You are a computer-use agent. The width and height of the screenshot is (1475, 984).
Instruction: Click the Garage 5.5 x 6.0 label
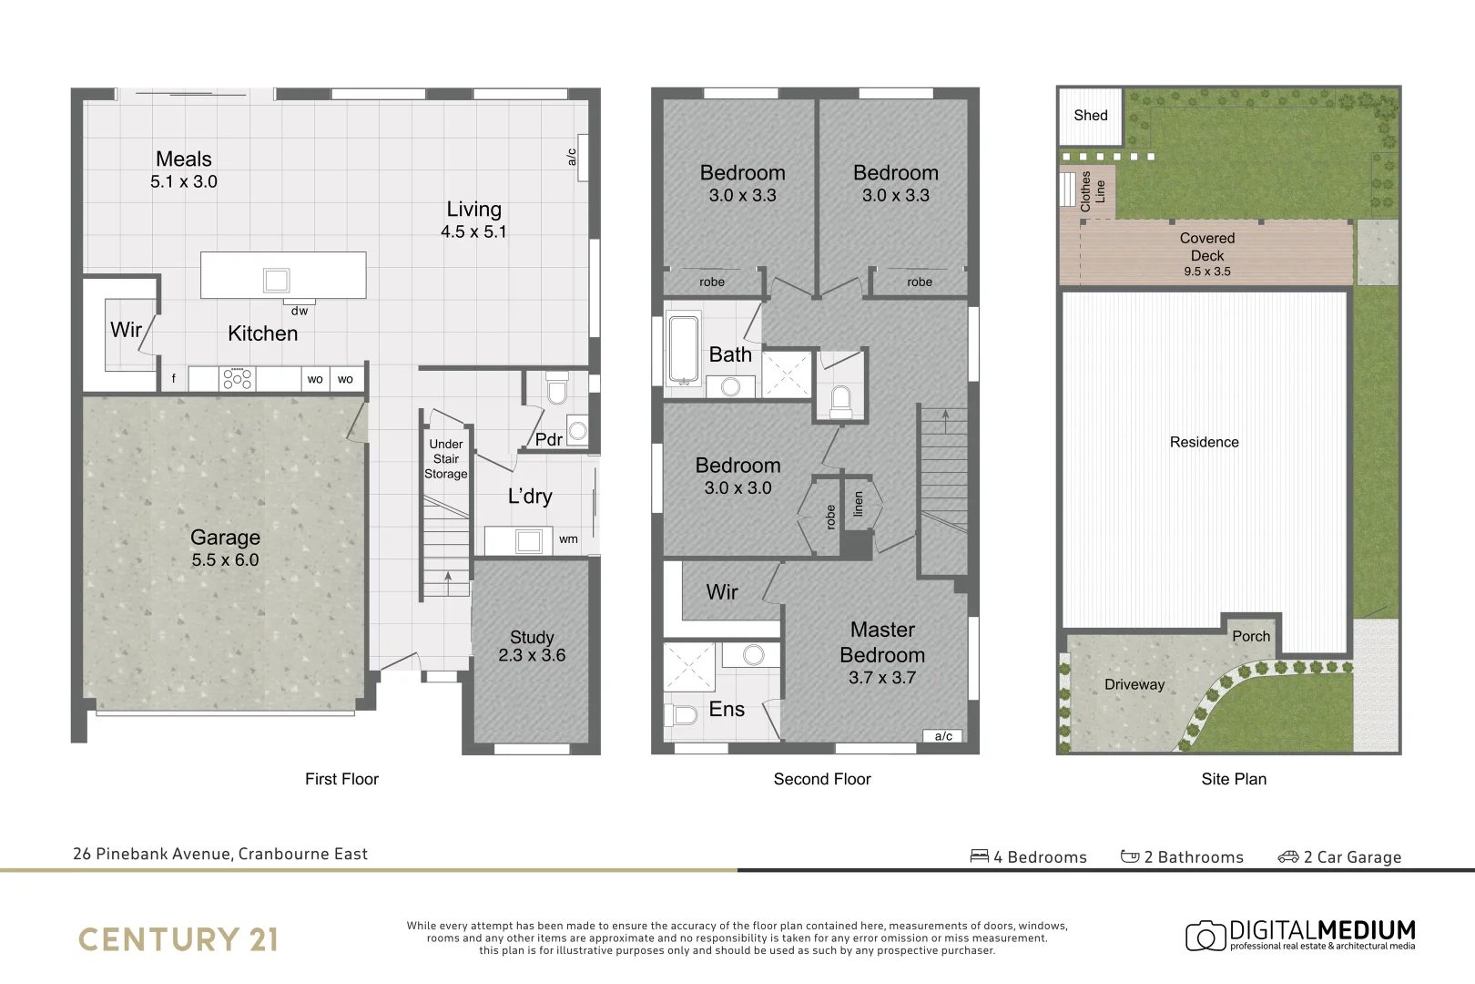[x=225, y=548]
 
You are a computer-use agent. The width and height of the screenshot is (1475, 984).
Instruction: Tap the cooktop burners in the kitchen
[x=237, y=379]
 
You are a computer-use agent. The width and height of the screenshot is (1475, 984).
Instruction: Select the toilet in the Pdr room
[x=556, y=389]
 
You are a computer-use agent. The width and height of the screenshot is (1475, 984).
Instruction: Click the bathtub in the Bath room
[x=683, y=348]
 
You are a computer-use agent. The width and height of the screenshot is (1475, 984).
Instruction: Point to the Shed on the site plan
[x=1090, y=116]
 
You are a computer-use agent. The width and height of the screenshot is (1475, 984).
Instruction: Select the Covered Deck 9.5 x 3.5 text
[x=1206, y=254]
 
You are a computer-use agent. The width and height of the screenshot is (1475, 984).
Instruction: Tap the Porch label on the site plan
[x=1250, y=637]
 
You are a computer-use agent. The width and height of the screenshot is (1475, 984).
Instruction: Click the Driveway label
[x=1134, y=685]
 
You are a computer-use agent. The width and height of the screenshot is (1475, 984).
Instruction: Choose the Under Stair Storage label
[x=446, y=459]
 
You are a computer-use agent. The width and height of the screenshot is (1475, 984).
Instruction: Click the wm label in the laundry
[x=568, y=539]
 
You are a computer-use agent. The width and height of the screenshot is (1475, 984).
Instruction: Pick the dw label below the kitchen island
[x=300, y=311]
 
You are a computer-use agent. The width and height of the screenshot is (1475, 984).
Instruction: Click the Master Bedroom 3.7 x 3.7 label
[x=882, y=653]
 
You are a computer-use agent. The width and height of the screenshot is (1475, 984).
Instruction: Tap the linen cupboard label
[x=858, y=504]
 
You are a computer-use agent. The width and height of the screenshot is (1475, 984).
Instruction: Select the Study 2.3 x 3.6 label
[x=532, y=646]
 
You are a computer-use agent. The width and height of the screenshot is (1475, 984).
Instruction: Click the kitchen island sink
[x=276, y=280]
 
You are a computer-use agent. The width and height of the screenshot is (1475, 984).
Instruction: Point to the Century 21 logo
[x=178, y=939]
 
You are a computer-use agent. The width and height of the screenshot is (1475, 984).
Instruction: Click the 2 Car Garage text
[x=1351, y=857]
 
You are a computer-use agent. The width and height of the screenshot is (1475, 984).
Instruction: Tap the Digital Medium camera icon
[x=1205, y=936]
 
